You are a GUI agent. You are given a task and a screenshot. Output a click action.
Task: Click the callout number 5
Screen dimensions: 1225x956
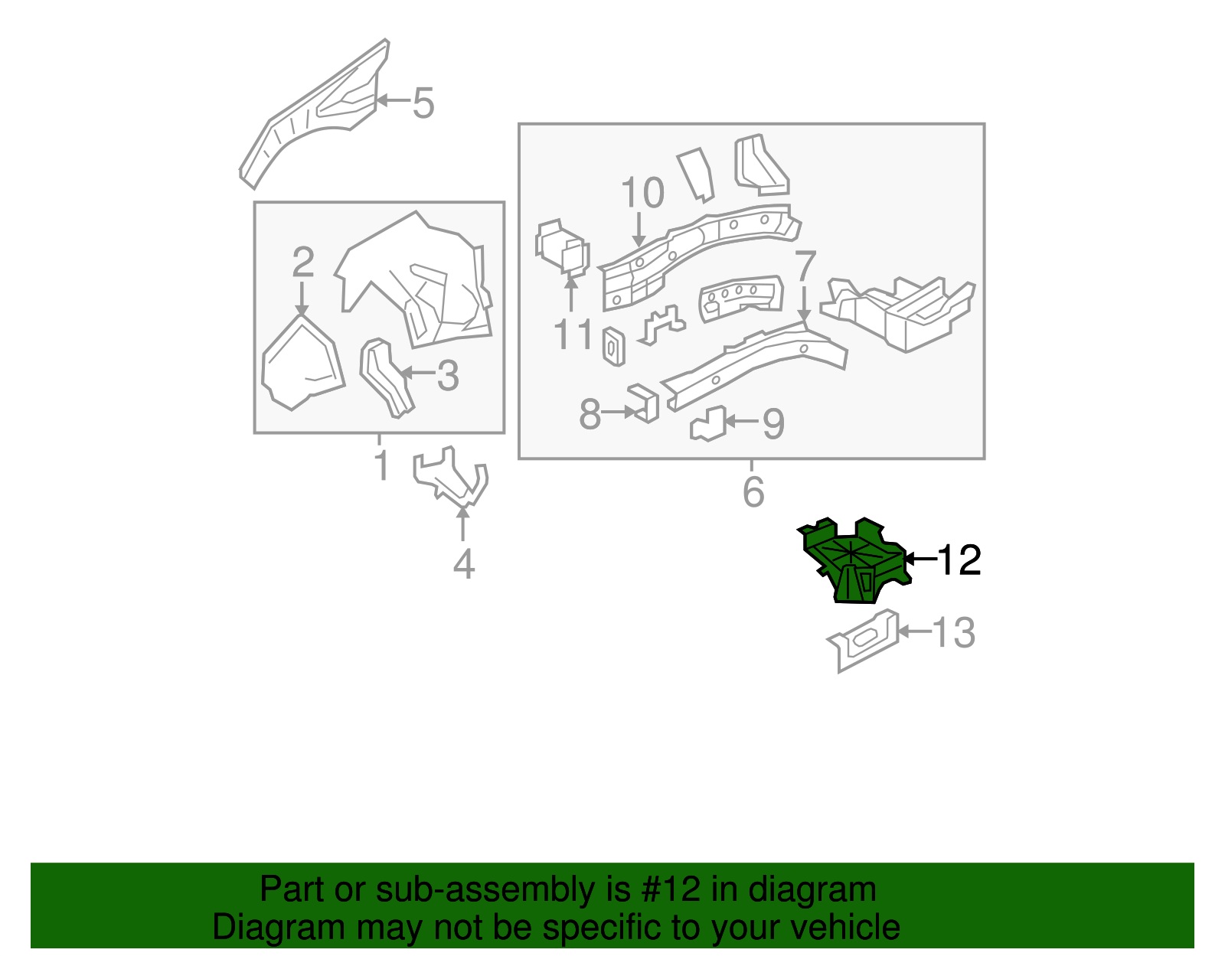[x=423, y=103]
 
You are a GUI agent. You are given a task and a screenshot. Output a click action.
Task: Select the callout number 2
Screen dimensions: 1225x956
[x=302, y=262]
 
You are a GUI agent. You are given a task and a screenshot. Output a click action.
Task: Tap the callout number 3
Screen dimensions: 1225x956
[x=448, y=376]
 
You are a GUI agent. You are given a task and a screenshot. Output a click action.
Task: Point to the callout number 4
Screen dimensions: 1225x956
[x=463, y=564]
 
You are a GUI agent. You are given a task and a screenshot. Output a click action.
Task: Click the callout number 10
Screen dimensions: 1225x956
[x=642, y=193]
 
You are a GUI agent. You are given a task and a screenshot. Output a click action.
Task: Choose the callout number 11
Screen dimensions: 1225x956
[x=573, y=334]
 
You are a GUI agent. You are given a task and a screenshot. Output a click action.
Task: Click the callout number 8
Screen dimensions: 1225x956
[x=590, y=414]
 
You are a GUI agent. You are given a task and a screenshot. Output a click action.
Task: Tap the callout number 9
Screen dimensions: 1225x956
[x=773, y=423]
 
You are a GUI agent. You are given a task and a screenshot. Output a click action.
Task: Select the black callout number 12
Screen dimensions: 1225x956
[x=959, y=560]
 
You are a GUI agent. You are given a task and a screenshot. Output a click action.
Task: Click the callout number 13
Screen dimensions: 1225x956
[x=954, y=633]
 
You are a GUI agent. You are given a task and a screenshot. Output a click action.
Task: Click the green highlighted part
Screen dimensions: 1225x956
[x=854, y=560]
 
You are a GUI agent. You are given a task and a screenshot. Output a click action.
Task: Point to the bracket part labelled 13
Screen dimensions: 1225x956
[x=863, y=641]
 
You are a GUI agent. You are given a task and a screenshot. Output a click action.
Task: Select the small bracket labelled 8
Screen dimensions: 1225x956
[x=645, y=403]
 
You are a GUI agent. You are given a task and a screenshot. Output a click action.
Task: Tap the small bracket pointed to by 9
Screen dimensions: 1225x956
[x=708, y=423]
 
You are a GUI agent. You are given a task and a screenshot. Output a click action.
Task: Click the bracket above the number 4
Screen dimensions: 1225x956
[x=450, y=477]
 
